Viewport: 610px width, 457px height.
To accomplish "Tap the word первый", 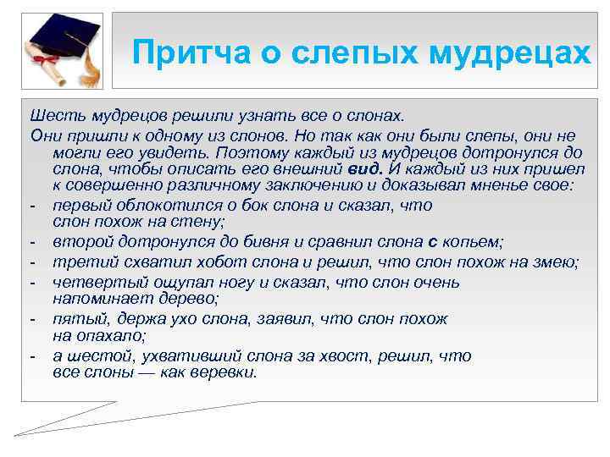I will tap(80, 206).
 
